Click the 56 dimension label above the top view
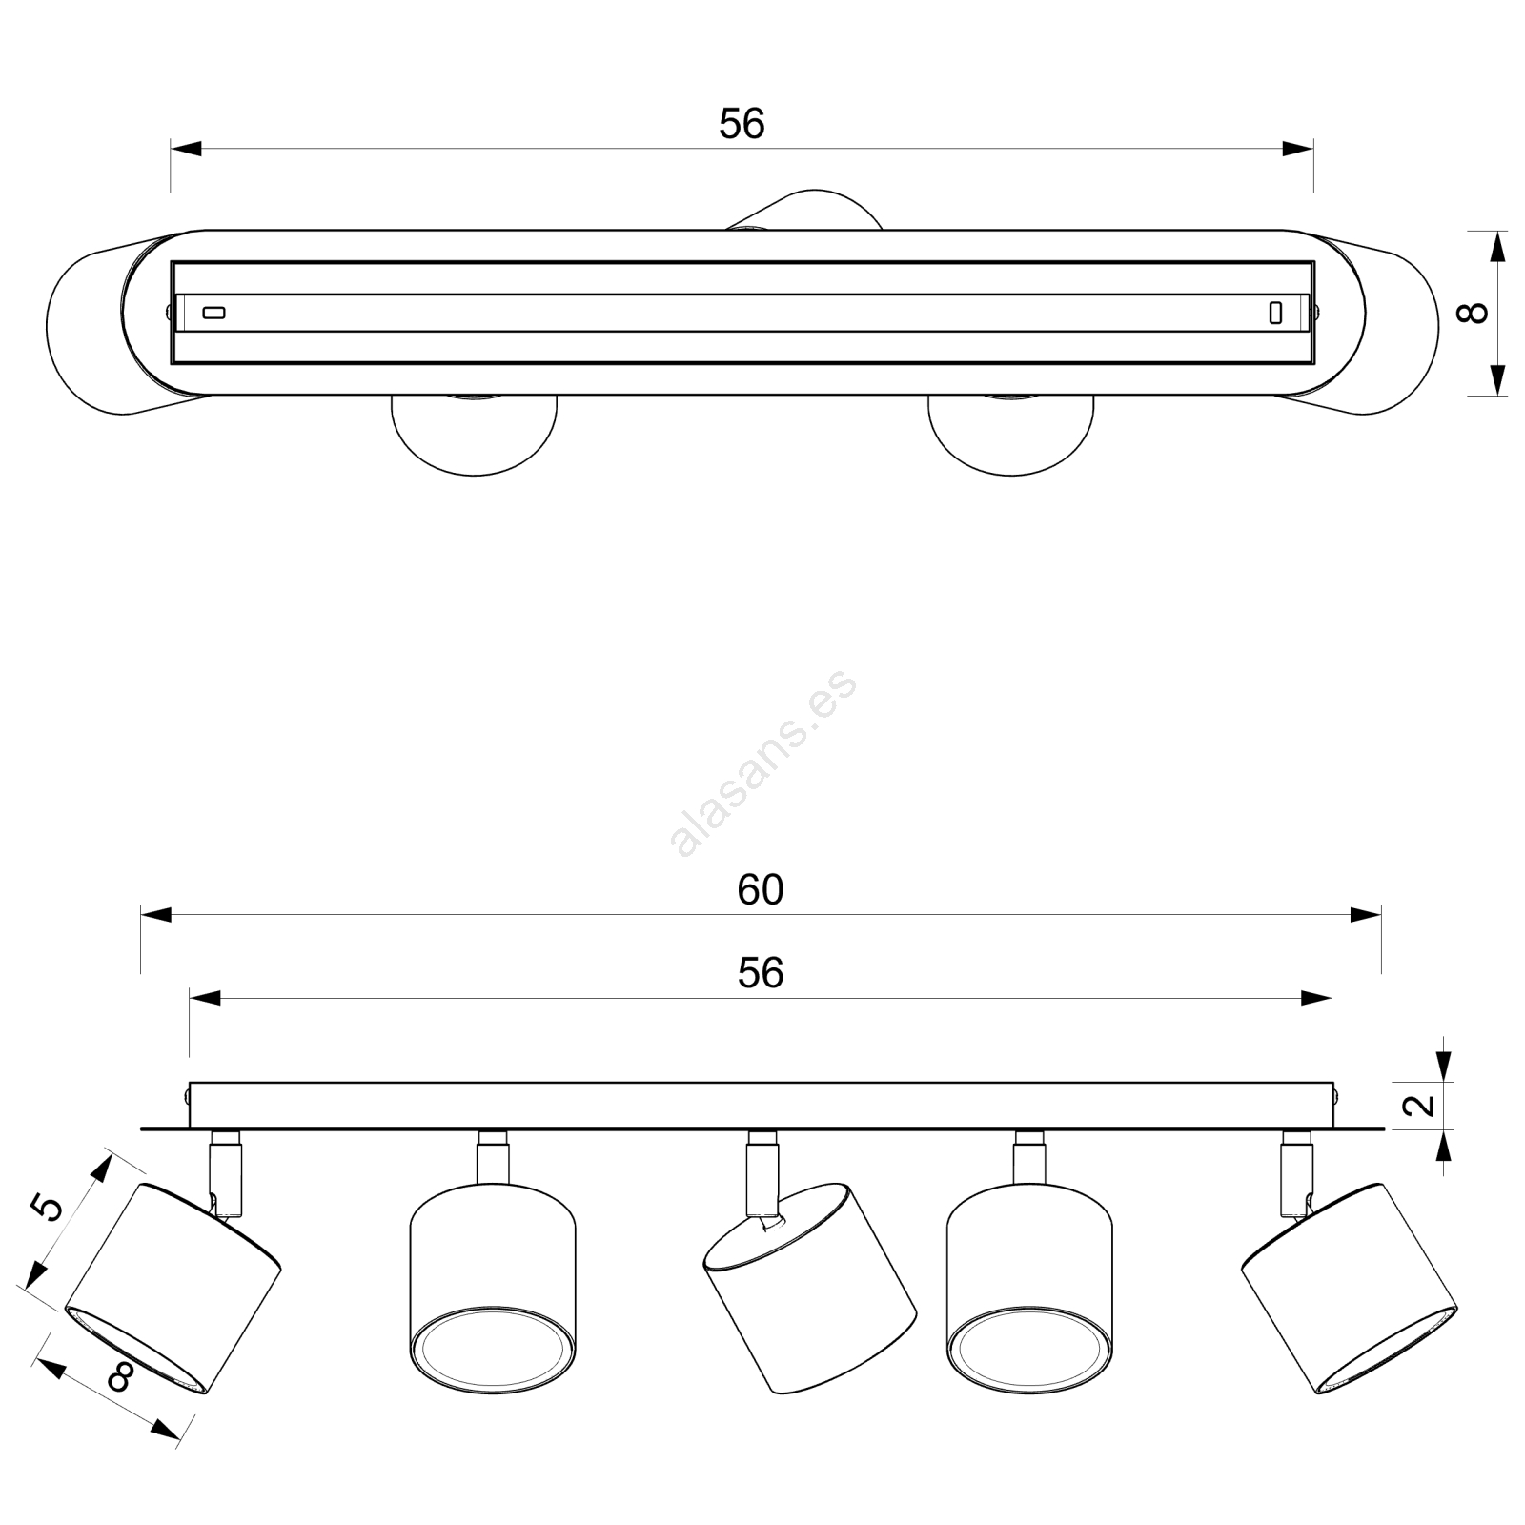click(742, 124)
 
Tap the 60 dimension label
click(761, 890)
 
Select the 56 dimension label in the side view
click(761, 973)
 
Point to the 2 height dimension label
click(1421, 1106)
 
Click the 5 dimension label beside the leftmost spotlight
click(47, 1207)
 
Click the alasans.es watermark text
click(763, 763)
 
